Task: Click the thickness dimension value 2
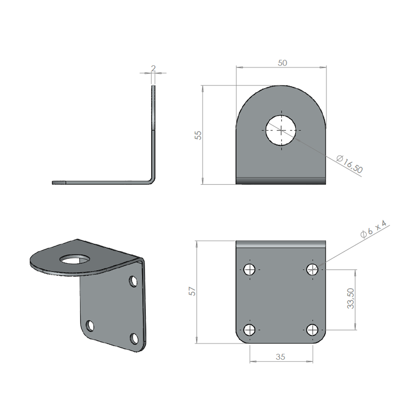153,68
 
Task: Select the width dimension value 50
282,63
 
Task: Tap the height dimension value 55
198,135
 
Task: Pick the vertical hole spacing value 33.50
350,299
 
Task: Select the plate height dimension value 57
192,291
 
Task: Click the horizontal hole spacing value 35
281,357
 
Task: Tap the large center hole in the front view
281,130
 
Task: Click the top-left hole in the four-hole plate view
249,270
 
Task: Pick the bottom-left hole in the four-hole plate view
249,329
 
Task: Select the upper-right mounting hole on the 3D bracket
133,282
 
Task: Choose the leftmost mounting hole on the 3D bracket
90,326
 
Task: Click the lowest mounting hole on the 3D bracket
133,339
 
